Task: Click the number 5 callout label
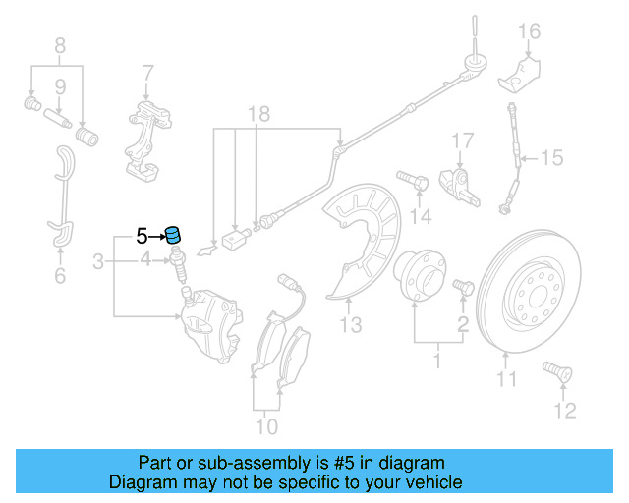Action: coord(142,236)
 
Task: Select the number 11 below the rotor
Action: coord(505,378)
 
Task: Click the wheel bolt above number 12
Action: coord(556,373)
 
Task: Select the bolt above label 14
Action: coord(412,180)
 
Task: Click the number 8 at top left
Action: coord(59,44)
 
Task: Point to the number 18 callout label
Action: coord(257,114)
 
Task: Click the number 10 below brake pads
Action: coord(266,426)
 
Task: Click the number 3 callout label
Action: coord(98,261)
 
